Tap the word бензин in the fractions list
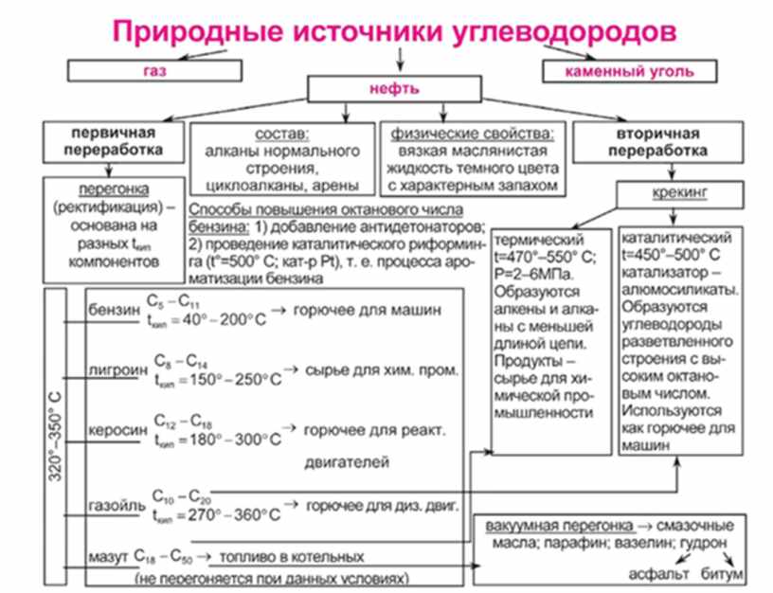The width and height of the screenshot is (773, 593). (x=111, y=310)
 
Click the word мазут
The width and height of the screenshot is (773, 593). (x=106, y=557)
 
